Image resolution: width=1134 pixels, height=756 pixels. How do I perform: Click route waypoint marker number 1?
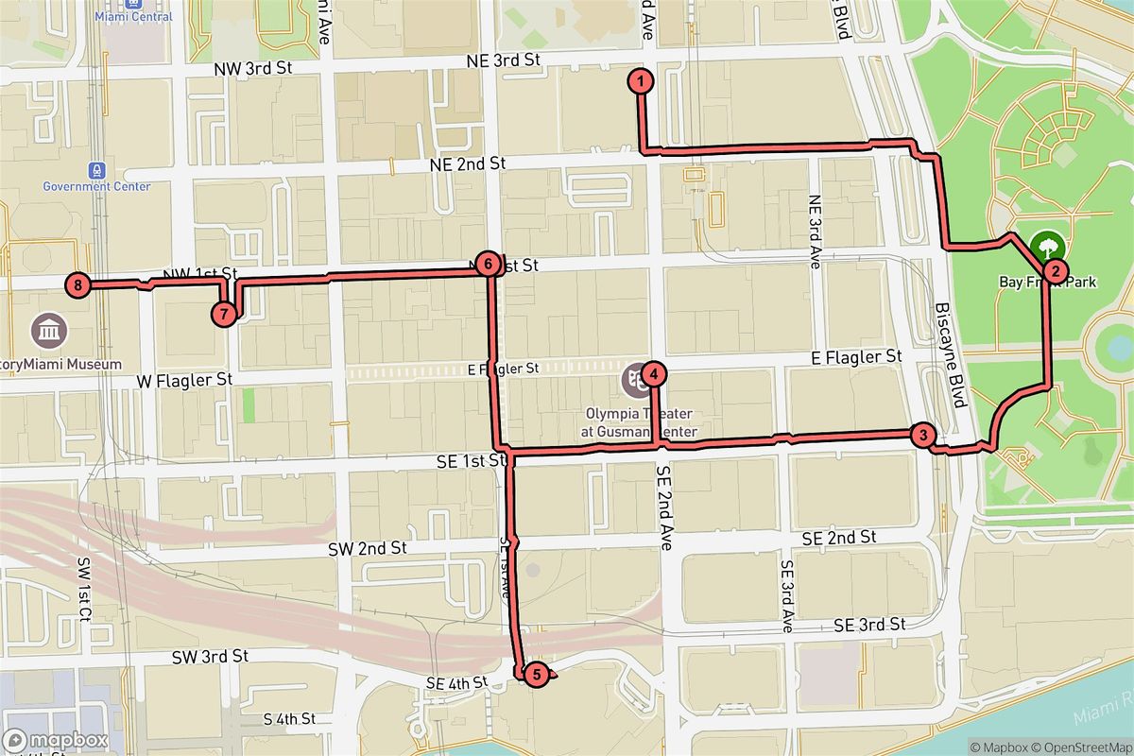coord(641,81)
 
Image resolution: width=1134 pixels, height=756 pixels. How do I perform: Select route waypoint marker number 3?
coord(922,436)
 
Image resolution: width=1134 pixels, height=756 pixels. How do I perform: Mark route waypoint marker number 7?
coord(224,313)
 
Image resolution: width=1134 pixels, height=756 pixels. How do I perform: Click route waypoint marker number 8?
coord(77,283)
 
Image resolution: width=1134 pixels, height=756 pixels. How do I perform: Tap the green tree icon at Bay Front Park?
coord(1047,248)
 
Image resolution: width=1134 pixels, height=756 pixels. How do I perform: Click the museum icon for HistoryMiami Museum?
coord(47,332)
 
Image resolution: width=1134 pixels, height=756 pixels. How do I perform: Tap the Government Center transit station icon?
coord(95,169)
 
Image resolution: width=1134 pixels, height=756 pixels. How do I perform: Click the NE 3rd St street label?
coord(503,60)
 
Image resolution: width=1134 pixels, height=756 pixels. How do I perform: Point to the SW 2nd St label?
coord(367,548)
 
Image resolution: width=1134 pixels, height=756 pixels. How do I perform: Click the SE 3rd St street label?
coord(870,625)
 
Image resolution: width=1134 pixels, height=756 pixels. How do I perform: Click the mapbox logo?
coord(55,740)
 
